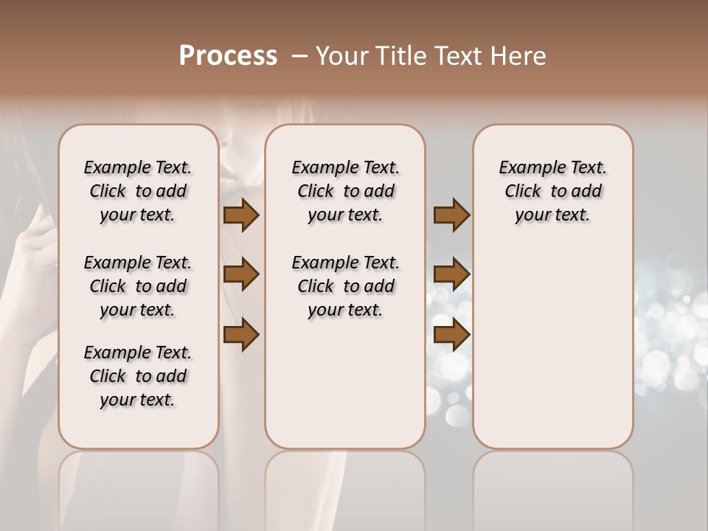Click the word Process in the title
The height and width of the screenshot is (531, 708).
pyautogui.click(x=228, y=56)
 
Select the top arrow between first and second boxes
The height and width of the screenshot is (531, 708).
pyautogui.click(x=241, y=215)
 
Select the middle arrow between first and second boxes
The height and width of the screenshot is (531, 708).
pyautogui.click(x=241, y=275)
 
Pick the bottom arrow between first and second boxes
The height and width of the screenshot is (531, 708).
pyautogui.click(x=241, y=335)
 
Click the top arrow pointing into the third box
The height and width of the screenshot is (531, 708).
pyautogui.click(x=451, y=215)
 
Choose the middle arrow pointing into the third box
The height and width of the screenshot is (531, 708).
pyautogui.click(x=451, y=275)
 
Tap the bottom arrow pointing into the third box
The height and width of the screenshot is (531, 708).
pyautogui.click(x=451, y=335)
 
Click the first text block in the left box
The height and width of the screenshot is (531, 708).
pyautogui.click(x=138, y=191)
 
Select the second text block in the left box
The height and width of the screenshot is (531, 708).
pyautogui.click(x=138, y=286)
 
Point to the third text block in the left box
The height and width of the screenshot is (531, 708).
pyautogui.click(x=138, y=376)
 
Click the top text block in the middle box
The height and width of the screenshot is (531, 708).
pyautogui.click(x=345, y=191)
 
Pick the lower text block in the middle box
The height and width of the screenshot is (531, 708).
pyautogui.click(x=345, y=286)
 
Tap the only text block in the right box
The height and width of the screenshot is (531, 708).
pyautogui.click(x=552, y=191)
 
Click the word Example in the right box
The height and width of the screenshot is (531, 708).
pyautogui.click(x=527, y=168)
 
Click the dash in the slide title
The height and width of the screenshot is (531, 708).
pyautogui.click(x=299, y=56)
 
